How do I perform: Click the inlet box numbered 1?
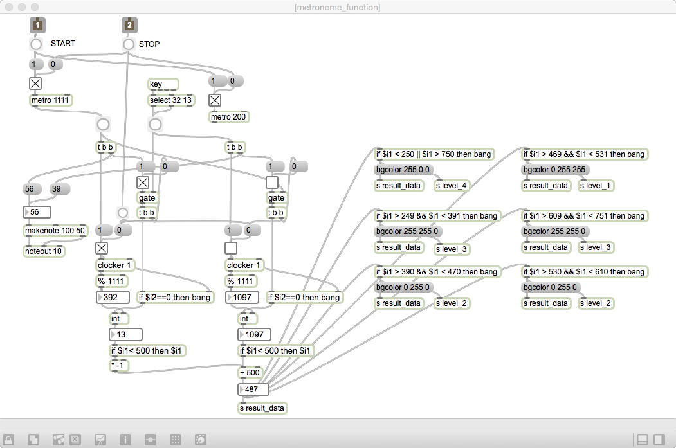[37, 25]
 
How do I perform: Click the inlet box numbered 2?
[129, 25]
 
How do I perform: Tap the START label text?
[63, 44]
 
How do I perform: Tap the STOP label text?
[149, 44]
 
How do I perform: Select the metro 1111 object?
[51, 100]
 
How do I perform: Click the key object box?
[163, 84]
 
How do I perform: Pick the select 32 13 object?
[170, 100]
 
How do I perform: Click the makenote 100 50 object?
[55, 231]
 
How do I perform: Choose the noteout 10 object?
[44, 251]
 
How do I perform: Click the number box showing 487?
[253, 390]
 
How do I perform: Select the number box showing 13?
[125, 335]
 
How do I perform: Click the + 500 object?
[250, 373]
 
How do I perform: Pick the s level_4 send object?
[451, 186]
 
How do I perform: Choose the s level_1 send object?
[596, 186]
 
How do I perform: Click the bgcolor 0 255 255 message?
[554, 170]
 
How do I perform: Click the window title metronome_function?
[338, 7]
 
